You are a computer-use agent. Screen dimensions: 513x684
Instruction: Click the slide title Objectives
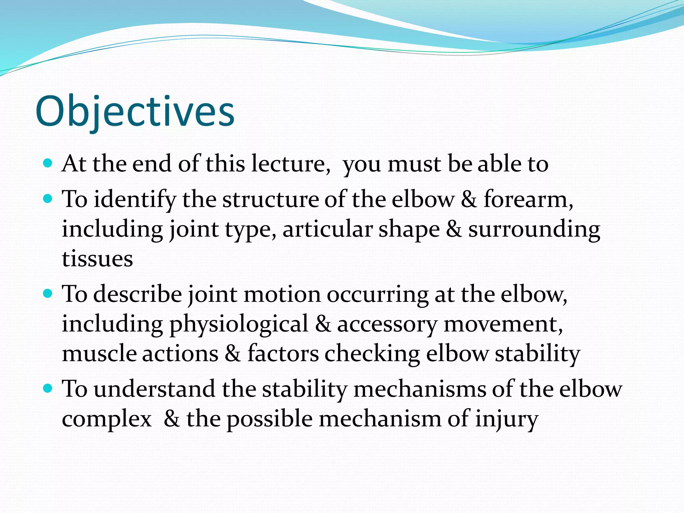pyautogui.click(x=135, y=112)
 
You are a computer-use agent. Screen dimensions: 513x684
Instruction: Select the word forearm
pyautogui.click(x=528, y=199)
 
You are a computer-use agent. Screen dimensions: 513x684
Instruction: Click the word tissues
pyautogui.click(x=97, y=259)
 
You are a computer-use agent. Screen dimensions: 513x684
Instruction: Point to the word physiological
pyautogui.click(x=239, y=324)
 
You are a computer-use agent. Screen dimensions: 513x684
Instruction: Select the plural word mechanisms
pyautogui.click(x=419, y=389)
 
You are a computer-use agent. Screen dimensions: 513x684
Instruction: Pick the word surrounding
pyautogui.click(x=534, y=230)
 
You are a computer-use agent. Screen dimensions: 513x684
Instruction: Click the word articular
pyautogui.click(x=327, y=229)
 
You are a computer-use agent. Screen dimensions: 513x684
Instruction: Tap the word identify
pyautogui.click(x=134, y=199)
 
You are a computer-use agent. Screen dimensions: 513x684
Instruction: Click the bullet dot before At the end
pyautogui.click(x=48, y=163)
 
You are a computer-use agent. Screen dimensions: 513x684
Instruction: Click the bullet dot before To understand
pyautogui.click(x=48, y=388)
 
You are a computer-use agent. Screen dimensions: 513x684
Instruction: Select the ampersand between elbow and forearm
pyautogui.click(x=469, y=199)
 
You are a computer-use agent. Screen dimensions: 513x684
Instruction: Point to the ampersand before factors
pyautogui.click(x=232, y=353)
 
